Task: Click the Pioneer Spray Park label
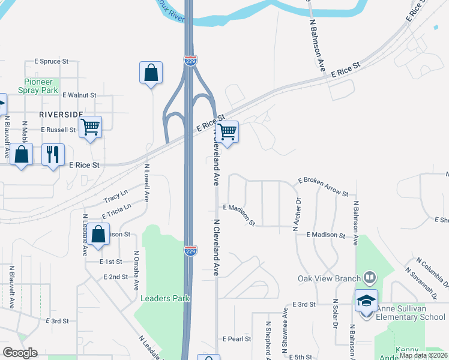[x=41, y=86]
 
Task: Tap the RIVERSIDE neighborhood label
[x=61, y=113]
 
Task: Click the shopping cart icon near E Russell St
[x=90, y=127]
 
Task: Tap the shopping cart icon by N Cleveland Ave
[x=227, y=131]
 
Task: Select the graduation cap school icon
[x=366, y=300]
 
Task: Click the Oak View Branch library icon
[x=370, y=278]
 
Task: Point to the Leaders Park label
[x=165, y=298]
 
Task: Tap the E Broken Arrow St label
[x=323, y=187]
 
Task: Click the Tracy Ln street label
[x=116, y=196]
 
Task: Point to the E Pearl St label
[x=237, y=339]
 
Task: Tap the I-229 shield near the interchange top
[x=189, y=59]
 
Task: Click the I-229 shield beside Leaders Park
[x=190, y=250]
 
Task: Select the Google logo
[x=20, y=353]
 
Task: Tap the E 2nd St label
[x=115, y=277]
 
